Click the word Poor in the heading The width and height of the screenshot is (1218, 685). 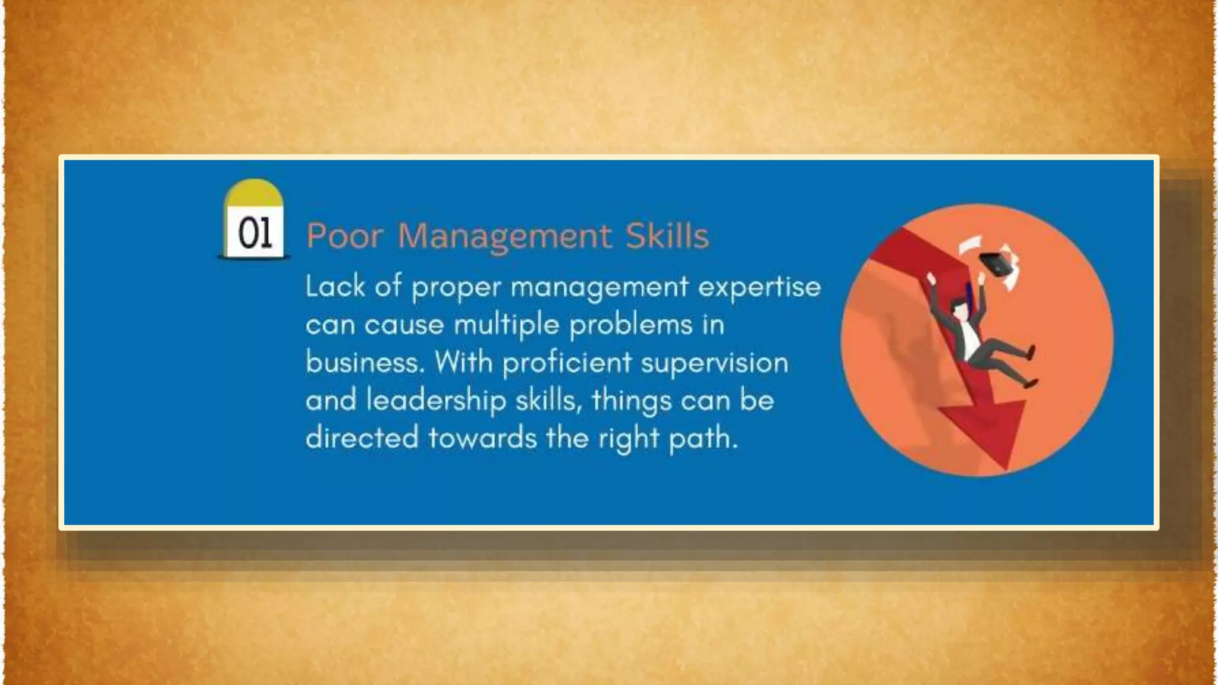[x=344, y=236]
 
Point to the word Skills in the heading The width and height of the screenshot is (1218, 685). [x=667, y=236]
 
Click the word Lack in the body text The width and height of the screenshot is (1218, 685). [x=335, y=287]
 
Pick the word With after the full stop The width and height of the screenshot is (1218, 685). [x=463, y=362]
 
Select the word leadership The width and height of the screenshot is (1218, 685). [x=436, y=400]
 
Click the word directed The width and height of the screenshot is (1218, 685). [x=362, y=438]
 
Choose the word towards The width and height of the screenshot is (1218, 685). [x=482, y=438]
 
